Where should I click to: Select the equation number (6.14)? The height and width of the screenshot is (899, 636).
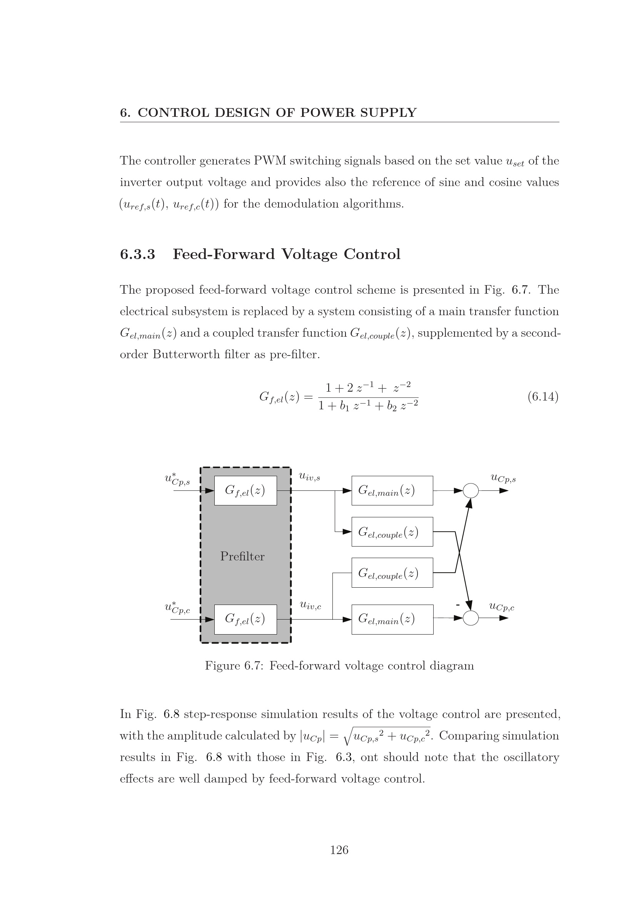[x=543, y=397]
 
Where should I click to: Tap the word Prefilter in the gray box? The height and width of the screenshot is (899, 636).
[x=242, y=556]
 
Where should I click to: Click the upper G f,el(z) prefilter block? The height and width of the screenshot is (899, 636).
[x=245, y=490]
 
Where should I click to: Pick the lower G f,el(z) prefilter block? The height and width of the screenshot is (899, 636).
[x=245, y=619]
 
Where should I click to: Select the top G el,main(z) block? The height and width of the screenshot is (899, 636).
[x=392, y=490]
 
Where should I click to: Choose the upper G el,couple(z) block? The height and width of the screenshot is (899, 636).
[x=392, y=531]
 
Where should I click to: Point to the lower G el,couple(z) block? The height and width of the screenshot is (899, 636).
[x=392, y=572]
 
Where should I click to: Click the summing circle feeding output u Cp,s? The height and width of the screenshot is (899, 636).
[x=471, y=490]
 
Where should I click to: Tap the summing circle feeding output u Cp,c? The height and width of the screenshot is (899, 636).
[x=471, y=618]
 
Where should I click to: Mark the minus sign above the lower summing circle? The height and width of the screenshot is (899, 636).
[x=458, y=605]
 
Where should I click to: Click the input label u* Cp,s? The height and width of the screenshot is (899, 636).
[x=177, y=480]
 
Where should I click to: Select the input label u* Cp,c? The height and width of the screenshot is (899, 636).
[x=177, y=608]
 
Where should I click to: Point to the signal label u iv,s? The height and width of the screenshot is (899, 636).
[x=310, y=477]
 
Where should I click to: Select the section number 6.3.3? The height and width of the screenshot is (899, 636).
[x=137, y=254]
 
